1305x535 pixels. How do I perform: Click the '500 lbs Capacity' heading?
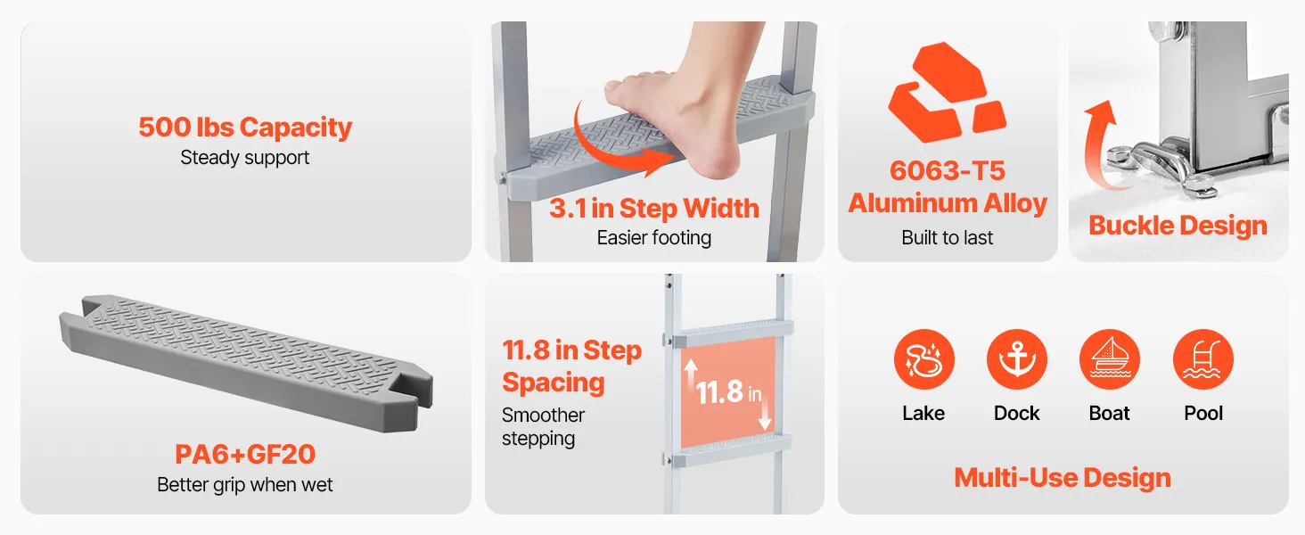[x=245, y=127]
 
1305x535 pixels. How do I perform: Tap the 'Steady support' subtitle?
[x=244, y=157]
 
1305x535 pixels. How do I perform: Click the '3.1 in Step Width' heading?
[x=654, y=208]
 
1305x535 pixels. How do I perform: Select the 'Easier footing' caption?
[x=654, y=238]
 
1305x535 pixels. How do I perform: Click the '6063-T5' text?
[x=948, y=171]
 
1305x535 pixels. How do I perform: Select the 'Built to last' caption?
[x=948, y=238]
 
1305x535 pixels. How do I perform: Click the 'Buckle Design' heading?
[x=1178, y=226]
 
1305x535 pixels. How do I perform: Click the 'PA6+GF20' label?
[x=245, y=454]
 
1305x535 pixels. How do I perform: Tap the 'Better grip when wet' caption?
[x=244, y=485]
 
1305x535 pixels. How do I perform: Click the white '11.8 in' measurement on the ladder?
[x=729, y=392]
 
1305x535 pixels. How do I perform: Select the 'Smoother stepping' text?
[x=544, y=426]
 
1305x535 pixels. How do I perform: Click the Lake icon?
[x=924, y=359]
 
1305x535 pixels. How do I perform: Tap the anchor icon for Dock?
[x=1016, y=359]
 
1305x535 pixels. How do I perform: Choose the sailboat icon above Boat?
[x=1110, y=359]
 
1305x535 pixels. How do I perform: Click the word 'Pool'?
[x=1203, y=413]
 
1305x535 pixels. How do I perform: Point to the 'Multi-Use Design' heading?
[x=1063, y=478]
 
